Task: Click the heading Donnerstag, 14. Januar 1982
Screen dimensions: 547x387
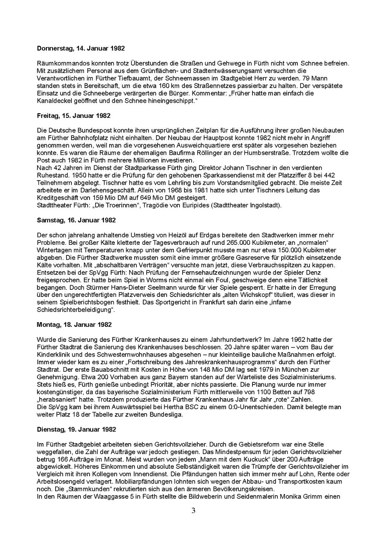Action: [x=81, y=48]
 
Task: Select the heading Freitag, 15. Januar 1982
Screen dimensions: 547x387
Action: [x=74, y=116]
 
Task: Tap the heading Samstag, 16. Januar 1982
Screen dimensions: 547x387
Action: [x=76, y=220]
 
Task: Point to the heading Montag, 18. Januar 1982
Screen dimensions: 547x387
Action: [x=74, y=324]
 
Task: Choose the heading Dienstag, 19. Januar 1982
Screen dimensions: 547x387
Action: [x=76, y=430]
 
